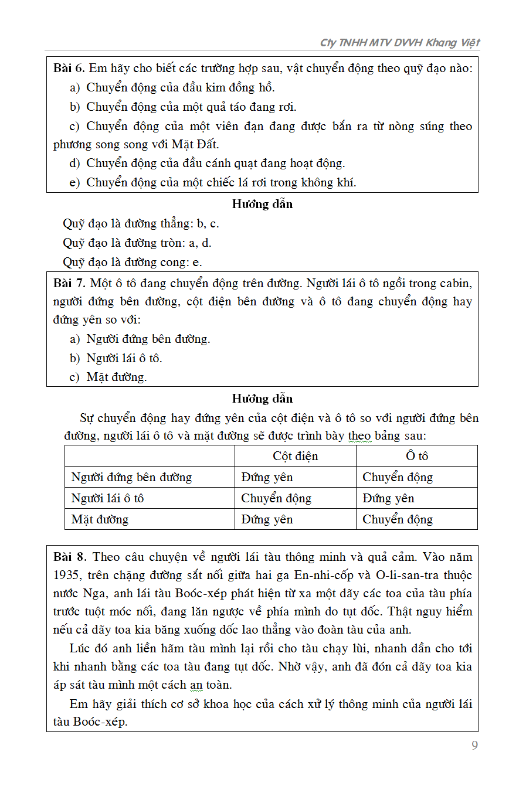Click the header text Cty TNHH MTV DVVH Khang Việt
(399, 43)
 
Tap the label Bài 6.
(69, 69)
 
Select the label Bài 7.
(69, 284)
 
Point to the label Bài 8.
(69, 557)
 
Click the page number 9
(474, 745)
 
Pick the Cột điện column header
(295, 456)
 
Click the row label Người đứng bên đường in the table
(131, 477)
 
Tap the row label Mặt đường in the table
(100, 519)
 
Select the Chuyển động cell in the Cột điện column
(276, 498)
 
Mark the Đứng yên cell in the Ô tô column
(388, 498)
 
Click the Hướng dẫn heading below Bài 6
(262, 204)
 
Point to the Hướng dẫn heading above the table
(262, 399)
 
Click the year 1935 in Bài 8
(67, 576)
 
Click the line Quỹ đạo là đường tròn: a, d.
(137, 243)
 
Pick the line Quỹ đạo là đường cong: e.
(133, 262)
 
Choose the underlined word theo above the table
(359, 436)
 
